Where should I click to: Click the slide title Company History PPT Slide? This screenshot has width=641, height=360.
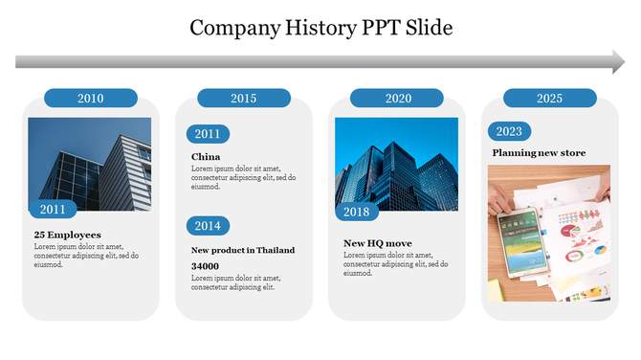pos(320,27)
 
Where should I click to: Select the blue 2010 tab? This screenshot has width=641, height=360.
pos(91,98)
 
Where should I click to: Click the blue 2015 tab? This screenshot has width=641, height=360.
pos(243,98)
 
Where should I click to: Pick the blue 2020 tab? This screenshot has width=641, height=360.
pos(397,98)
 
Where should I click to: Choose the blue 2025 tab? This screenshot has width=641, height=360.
pos(549,98)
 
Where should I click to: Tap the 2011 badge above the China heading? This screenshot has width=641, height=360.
pos(208,134)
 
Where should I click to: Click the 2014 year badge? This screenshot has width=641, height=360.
pos(208,225)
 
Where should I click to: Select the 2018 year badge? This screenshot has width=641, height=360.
pos(356,211)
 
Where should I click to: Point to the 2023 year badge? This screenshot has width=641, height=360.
pos(509,132)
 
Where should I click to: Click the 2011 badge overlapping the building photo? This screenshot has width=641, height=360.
pos(53,209)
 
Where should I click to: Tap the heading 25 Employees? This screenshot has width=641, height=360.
pos(67,235)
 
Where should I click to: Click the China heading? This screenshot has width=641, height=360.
pos(206,157)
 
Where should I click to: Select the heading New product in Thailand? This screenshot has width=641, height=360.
pos(243,250)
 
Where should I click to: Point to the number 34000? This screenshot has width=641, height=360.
pos(205,266)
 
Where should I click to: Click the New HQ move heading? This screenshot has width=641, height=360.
pos(378,243)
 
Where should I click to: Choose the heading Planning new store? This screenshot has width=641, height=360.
pos(539,153)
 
